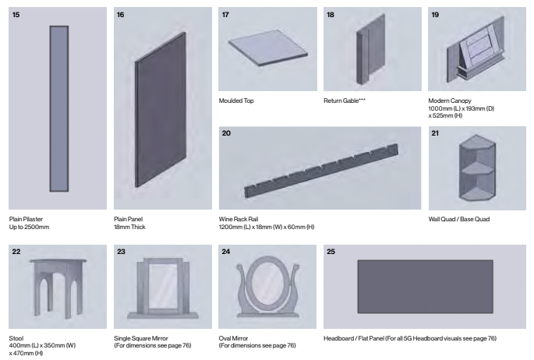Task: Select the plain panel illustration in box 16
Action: pos(161,113)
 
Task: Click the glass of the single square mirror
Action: pos(162,287)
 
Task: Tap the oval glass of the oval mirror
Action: pos(267,282)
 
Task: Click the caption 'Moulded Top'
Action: pos(237,101)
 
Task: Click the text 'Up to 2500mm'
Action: pos(30,228)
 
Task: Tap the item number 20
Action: pos(226,133)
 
